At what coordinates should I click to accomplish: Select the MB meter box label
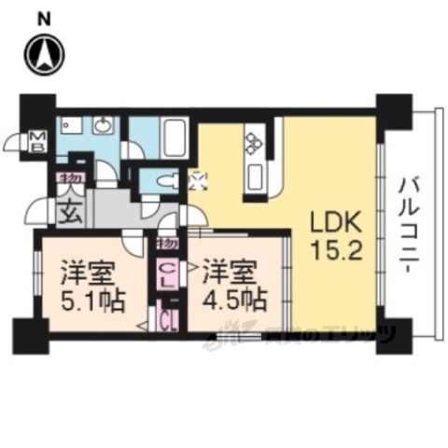tap(39, 141)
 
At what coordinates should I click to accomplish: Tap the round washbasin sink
tap(103, 127)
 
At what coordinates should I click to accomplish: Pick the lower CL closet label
tap(169, 322)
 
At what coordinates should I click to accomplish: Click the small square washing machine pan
tap(197, 181)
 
